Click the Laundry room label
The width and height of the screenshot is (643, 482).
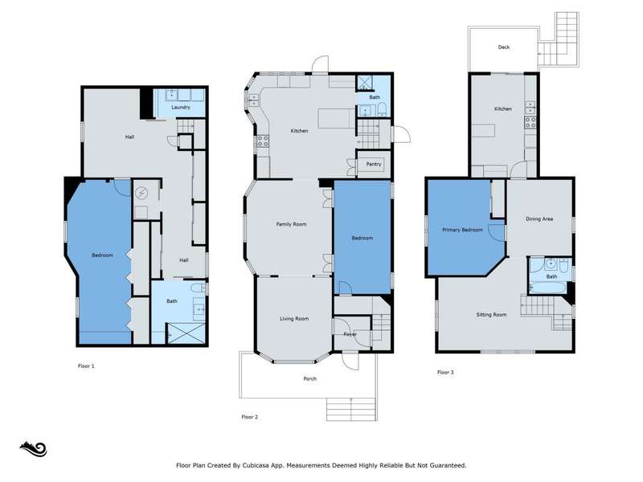181,108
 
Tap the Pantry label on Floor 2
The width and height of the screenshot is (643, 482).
374,165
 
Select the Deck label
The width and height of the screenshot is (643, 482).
504,47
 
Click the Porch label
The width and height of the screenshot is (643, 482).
310,378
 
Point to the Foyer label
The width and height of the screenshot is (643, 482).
350,334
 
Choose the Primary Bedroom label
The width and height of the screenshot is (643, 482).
463,230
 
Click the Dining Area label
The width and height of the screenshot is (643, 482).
539,219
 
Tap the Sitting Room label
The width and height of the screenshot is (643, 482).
491,315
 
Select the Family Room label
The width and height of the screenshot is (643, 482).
291,224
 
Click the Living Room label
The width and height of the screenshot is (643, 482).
294,318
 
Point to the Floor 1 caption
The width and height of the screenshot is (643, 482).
86,366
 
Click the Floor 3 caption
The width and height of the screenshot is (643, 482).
445,373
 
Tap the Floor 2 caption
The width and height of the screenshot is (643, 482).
250,417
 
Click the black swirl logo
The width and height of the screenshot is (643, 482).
33,449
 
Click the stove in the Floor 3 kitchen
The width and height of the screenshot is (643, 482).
530,122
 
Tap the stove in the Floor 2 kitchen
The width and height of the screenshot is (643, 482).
263,141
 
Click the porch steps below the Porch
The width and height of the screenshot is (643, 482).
351,409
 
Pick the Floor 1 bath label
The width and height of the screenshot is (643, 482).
172,301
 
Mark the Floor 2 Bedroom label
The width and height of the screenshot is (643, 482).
362,238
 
